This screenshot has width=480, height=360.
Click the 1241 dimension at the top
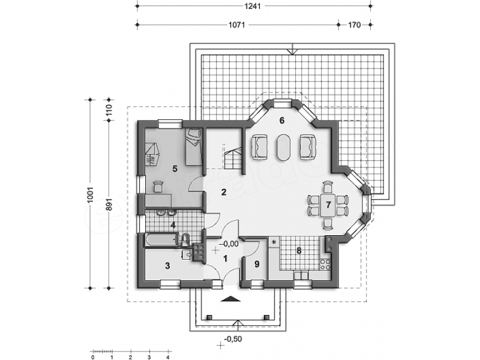tap(253, 6)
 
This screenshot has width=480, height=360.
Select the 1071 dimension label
tap(237, 25)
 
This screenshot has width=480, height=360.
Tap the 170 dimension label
tap(354, 25)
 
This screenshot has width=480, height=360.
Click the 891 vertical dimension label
tap(109, 205)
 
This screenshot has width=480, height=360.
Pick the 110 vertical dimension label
tap(109, 110)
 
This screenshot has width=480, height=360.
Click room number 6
tap(281, 121)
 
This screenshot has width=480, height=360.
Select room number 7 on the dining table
tap(328, 205)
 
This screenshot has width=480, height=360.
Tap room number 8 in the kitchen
tap(299, 251)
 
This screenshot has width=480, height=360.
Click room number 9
tap(257, 264)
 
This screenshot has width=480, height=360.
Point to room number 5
tap(175, 169)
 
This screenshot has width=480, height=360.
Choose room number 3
tap(167, 266)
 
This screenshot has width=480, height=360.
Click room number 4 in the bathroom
tap(173, 226)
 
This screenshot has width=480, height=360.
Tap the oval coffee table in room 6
tap(283, 147)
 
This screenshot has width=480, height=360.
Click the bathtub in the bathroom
tap(161, 239)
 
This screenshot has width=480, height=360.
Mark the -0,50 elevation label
tap(233, 339)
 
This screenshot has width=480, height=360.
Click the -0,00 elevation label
tap(229, 244)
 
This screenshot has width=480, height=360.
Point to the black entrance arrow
tap(231, 299)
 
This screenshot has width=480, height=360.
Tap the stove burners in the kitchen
tap(325, 265)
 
